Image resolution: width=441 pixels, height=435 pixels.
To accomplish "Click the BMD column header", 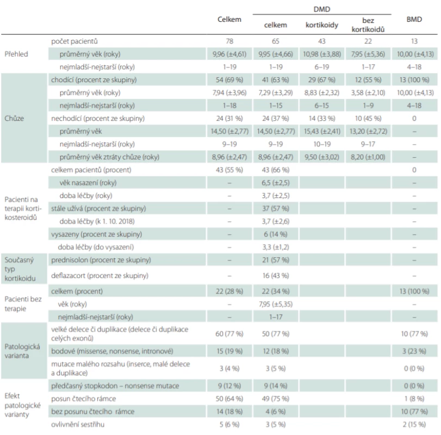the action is point(414,20).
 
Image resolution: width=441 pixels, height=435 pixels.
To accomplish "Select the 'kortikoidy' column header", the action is point(322,25).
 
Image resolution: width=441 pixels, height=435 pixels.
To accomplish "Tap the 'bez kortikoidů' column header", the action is point(368,25).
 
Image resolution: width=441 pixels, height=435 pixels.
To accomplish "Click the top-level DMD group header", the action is point(322,9).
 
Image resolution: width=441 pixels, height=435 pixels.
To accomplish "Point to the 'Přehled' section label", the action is point(16,54).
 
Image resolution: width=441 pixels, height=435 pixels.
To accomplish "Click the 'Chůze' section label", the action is point(14,118).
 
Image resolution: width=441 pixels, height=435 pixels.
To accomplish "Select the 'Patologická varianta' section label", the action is point(22,351).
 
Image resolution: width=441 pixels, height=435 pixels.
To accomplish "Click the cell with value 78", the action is point(229,41).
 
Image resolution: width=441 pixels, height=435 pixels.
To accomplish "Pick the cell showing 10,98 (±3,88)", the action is point(322,54).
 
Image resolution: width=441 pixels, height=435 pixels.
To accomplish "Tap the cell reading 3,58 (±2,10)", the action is point(368,92).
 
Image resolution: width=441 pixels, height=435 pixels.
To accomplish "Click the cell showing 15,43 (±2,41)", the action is point(322,131).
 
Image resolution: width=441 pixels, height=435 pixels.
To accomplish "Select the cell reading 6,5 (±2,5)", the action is point(276,183).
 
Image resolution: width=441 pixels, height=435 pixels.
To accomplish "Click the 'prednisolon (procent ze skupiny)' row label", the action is point(101,260).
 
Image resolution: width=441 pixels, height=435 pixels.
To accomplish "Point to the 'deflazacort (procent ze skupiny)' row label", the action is point(100,276).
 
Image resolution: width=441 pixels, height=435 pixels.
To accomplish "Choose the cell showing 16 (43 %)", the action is point(276,276).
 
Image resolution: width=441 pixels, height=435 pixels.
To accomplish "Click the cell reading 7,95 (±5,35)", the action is point(276,304).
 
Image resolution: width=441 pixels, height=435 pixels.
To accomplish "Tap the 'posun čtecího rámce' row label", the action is point(84,399).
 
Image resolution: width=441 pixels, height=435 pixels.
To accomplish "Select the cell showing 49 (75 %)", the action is point(276,399).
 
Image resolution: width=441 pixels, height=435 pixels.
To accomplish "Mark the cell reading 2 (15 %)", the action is point(414,424).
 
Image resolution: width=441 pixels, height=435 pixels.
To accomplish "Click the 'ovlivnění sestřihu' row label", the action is point(78,424).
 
